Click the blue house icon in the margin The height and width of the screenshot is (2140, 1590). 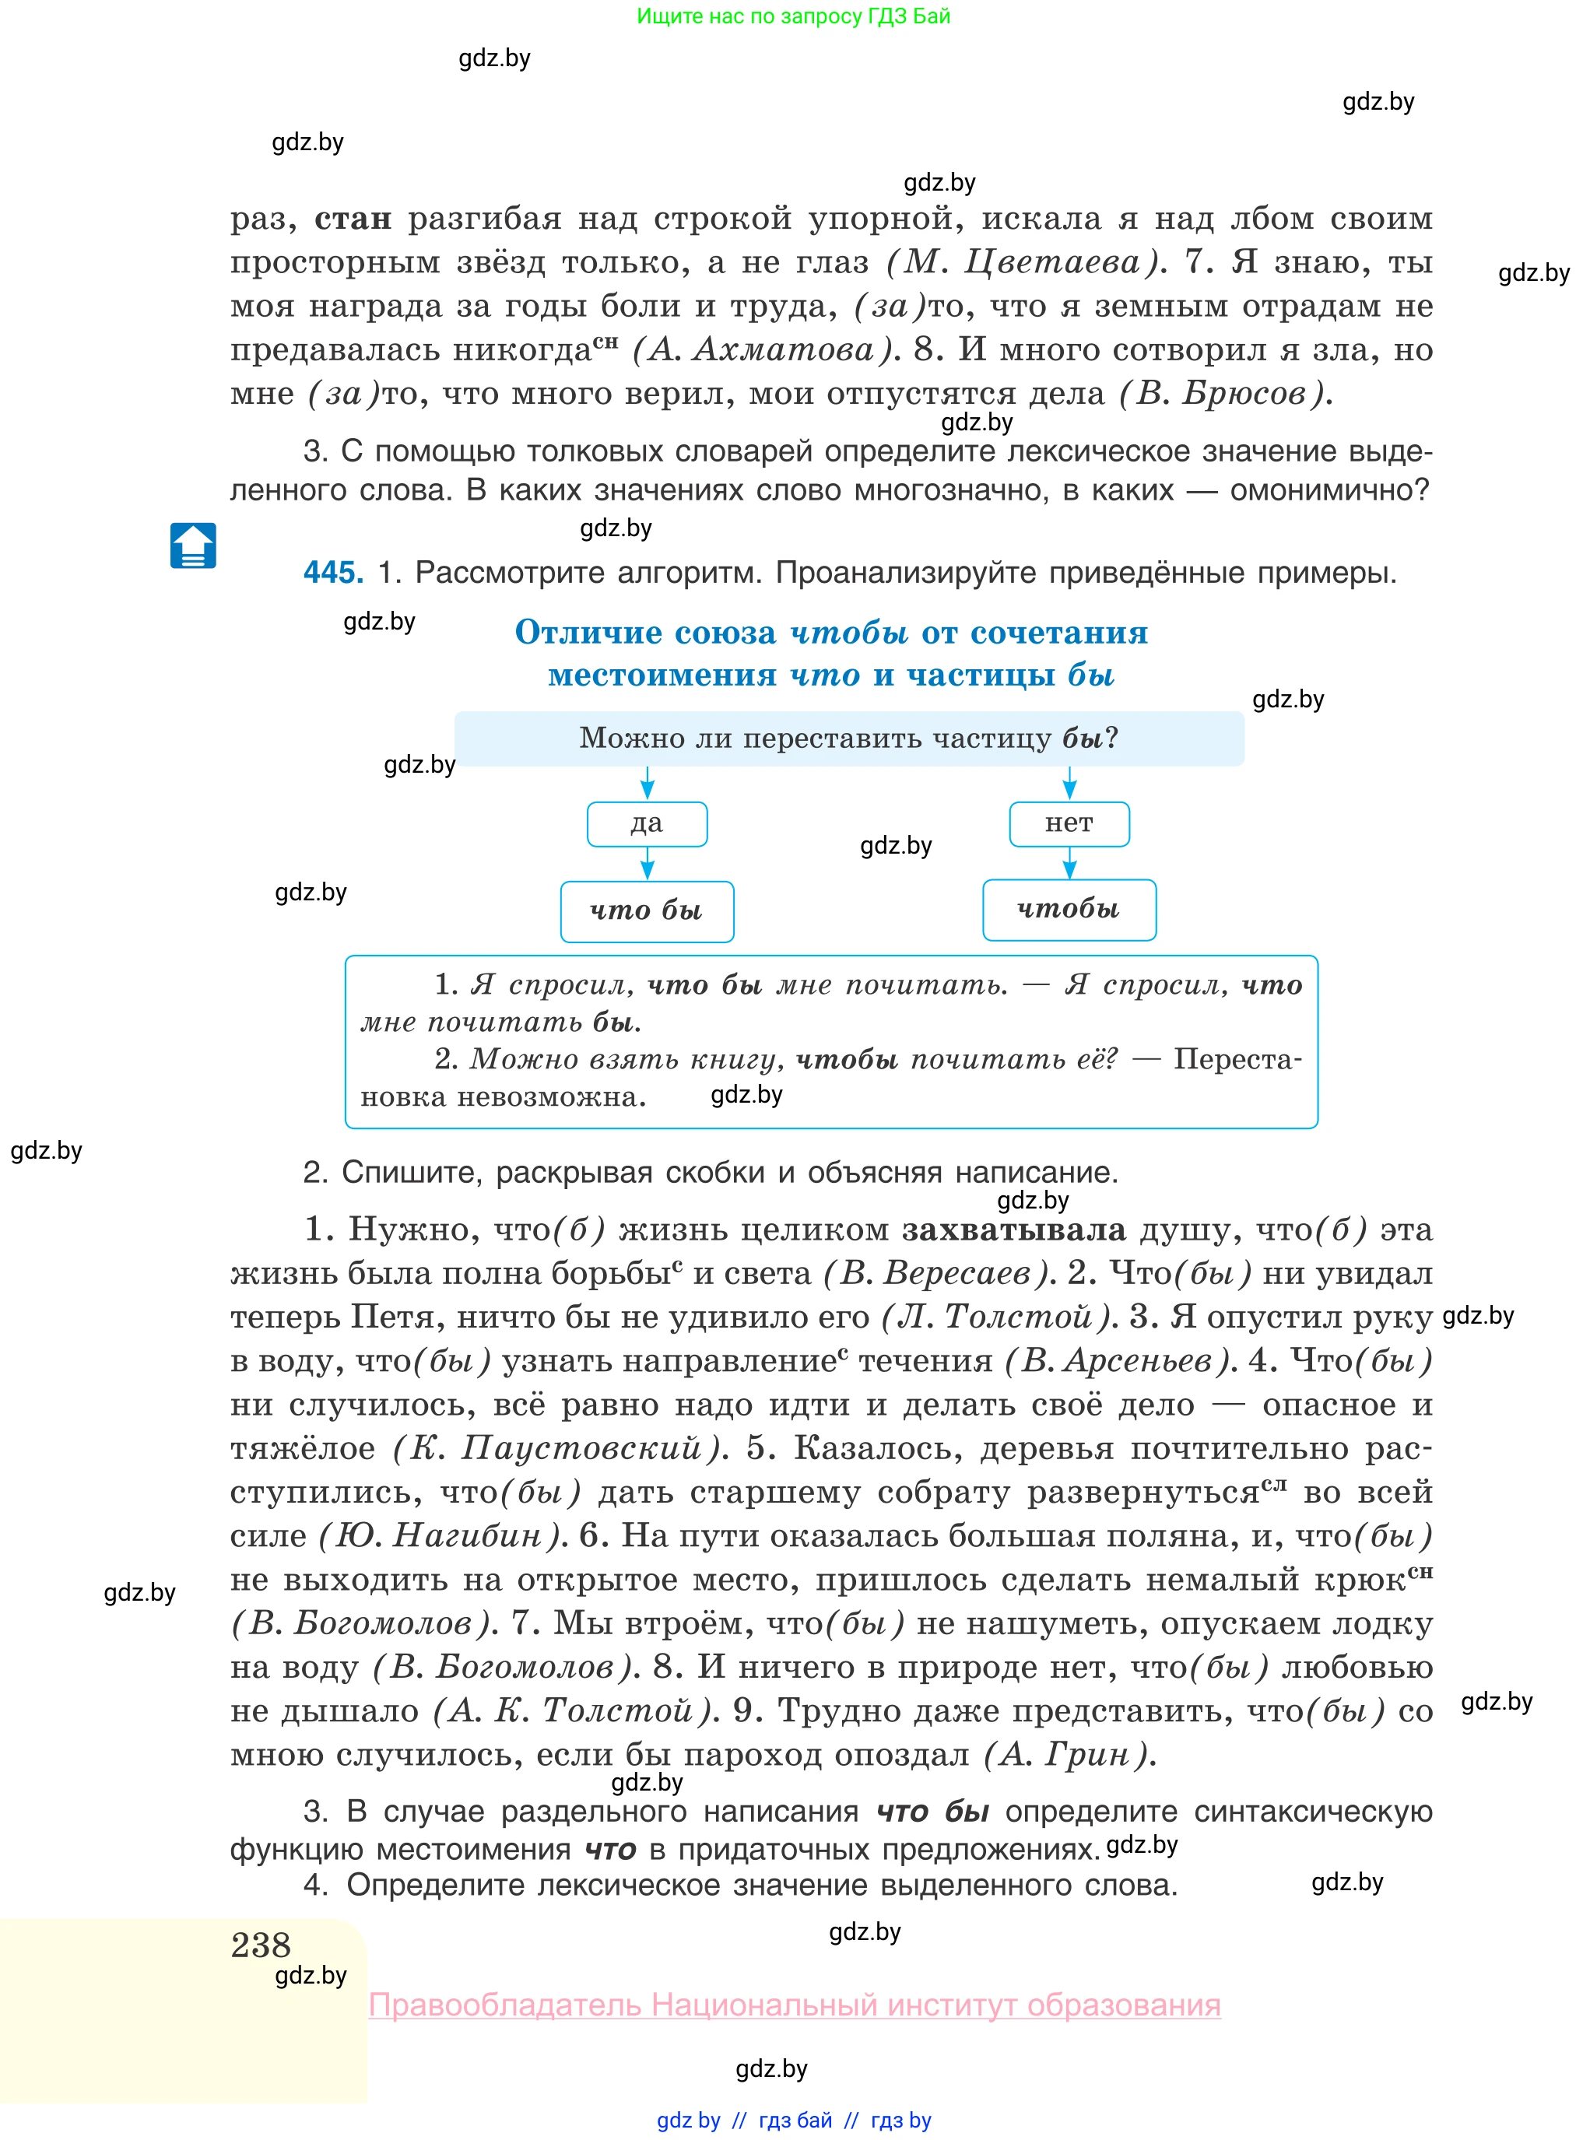pos(192,546)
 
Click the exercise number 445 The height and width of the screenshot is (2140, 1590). pos(332,573)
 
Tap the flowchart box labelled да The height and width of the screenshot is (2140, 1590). pos(647,823)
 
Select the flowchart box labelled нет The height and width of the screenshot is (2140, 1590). pos(1069,823)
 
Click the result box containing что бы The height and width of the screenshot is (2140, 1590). pos(647,910)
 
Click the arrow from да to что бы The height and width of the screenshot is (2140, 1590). pos(647,863)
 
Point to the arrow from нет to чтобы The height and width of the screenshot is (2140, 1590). pos(1069,862)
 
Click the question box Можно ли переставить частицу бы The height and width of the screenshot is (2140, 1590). pos(848,738)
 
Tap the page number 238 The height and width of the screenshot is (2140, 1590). pos(261,1945)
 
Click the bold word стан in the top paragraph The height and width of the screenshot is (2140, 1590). pos(353,219)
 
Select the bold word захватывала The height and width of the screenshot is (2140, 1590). pos(1013,1230)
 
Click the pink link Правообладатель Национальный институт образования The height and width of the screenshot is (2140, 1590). pos(794,2005)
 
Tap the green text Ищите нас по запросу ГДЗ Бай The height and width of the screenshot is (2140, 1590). pos(793,16)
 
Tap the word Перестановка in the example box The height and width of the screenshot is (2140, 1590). pos(1236,1059)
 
